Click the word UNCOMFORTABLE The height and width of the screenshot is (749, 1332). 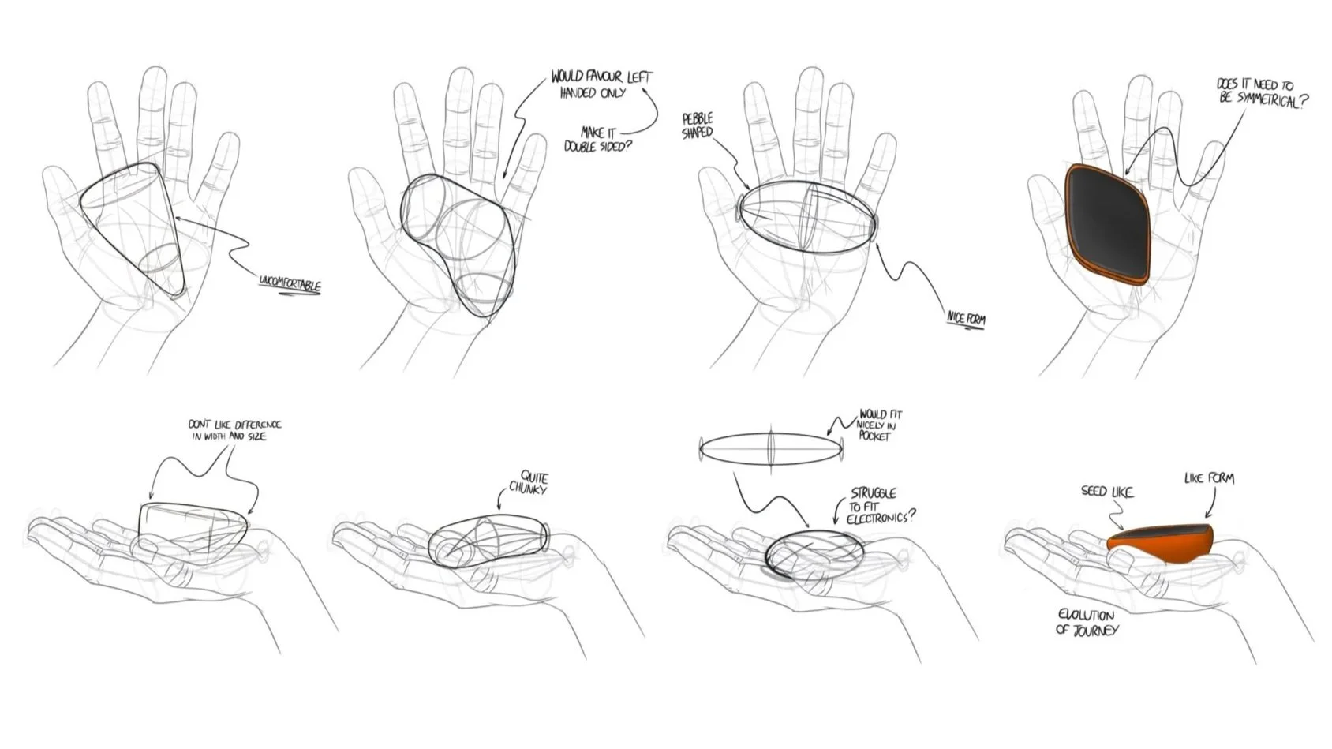click(290, 284)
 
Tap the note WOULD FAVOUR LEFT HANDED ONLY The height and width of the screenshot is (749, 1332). click(601, 84)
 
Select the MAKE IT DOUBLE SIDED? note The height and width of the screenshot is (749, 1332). click(597, 139)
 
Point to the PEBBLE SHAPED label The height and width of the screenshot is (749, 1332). click(698, 125)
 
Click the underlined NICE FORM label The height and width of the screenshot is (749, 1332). click(966, 320)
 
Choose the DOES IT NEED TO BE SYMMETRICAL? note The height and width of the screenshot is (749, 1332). click(1262, 93)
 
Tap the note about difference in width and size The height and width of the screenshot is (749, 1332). click(235, 430)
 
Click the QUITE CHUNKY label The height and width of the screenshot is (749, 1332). click(529, 482)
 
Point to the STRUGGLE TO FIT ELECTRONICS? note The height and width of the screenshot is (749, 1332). click(880, 506)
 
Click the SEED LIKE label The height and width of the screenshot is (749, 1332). click(1107, 492)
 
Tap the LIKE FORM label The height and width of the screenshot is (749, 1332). click(1209, 478)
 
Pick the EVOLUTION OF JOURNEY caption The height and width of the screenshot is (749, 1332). click(1087, 622)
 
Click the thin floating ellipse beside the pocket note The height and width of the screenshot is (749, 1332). click(771, 448)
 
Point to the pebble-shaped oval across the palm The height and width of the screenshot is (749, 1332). click(807, 216)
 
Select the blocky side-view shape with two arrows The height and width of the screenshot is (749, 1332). click(193, 533)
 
